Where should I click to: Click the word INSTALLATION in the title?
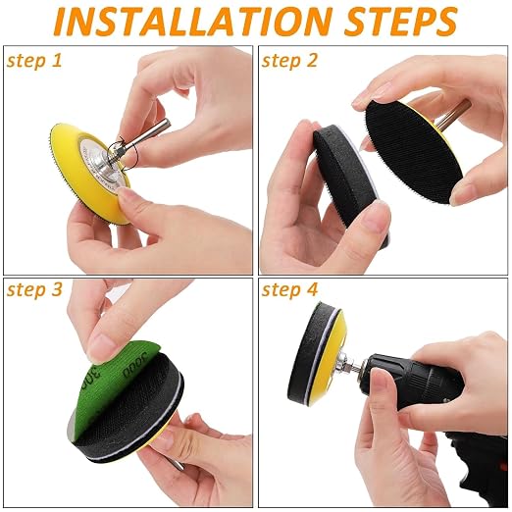[191, 21]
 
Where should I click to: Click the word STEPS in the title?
[400, 21]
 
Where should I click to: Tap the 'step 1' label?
[34, 61]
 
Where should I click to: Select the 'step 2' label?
[289, 61]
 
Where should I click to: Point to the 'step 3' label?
[34, 289]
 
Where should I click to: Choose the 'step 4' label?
[289, 289]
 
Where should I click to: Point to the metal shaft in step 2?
[454, 115]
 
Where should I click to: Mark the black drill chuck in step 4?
[409, 381]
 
